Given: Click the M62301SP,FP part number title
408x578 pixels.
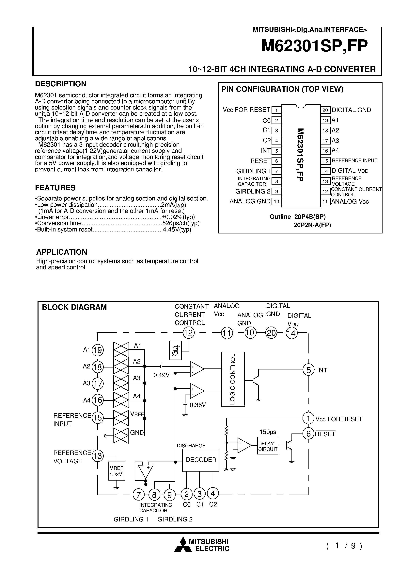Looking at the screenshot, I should click(314, 46).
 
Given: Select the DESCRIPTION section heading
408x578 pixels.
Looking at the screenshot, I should click(61, 84).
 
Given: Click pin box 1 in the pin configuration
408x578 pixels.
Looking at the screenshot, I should click(276, 110).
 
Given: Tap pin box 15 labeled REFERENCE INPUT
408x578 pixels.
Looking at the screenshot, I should click(325, 161).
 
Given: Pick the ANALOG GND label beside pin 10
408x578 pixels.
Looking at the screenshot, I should click(250, 201).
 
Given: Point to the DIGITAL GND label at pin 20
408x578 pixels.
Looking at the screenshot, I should click(351, 110).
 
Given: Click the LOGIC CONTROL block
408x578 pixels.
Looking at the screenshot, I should click(233, 379).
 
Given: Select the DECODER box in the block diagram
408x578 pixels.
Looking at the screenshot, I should click(201, 460).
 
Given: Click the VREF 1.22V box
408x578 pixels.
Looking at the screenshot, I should click(116, 471).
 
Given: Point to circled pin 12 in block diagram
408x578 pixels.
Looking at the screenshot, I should click(188, 333).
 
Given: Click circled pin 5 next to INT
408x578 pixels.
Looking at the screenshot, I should click(308, 370).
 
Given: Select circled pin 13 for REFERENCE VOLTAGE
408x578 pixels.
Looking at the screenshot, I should click(97, 456).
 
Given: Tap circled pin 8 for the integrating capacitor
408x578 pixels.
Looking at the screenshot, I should click(154, 495).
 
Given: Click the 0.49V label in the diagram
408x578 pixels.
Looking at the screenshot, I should click(161, 375).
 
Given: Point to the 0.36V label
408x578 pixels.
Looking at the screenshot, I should click(197, 405).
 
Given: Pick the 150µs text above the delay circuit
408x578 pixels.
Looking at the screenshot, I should click(268, 432).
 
